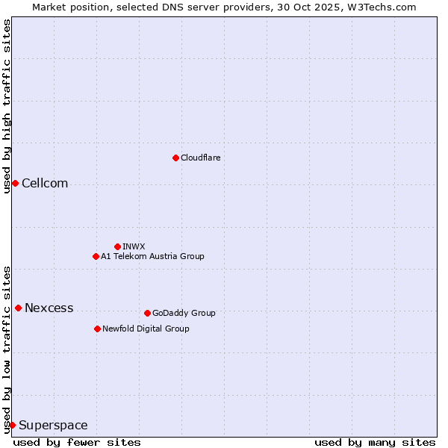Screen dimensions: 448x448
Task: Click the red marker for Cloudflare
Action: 175,158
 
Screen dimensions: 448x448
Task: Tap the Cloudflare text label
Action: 200,158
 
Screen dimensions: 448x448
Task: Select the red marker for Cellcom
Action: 15,183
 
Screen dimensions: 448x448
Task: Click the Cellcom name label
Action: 45,184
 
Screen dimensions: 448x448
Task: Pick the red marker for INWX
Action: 117,246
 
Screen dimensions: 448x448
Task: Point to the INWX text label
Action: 134,246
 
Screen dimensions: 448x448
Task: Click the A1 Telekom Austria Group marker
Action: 96,256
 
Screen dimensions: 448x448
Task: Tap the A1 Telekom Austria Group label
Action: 152,256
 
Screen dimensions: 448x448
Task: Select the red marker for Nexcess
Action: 18,308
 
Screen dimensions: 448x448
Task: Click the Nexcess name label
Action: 49,308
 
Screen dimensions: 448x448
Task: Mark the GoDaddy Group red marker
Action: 147,313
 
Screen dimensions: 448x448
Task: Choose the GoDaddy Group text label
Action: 184,313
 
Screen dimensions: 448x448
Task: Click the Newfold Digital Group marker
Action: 97,329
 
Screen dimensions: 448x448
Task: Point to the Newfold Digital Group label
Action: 146,329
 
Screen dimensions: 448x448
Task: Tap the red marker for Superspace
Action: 12,425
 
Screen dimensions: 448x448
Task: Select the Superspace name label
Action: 53,426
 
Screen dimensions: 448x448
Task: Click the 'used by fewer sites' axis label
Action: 77,442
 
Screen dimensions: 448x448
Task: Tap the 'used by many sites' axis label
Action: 375,442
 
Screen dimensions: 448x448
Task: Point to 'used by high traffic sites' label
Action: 7,106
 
